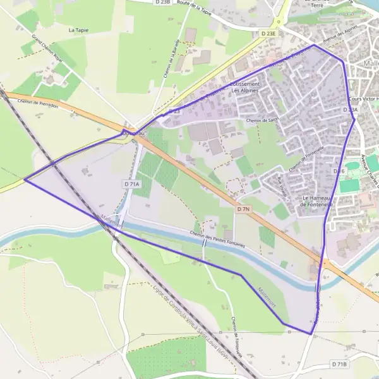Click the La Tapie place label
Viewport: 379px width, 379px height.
coord(80,30)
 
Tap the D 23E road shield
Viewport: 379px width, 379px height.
coord(268,33)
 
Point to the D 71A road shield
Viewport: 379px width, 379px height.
coord(131,183)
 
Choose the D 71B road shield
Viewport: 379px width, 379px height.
coord(340,364)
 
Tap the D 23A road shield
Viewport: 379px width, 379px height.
coord(351,110)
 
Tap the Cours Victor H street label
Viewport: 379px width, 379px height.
coord(363,99)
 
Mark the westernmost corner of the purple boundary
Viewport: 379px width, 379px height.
coord(25,179)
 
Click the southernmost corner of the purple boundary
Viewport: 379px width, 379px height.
coord(311,334)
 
